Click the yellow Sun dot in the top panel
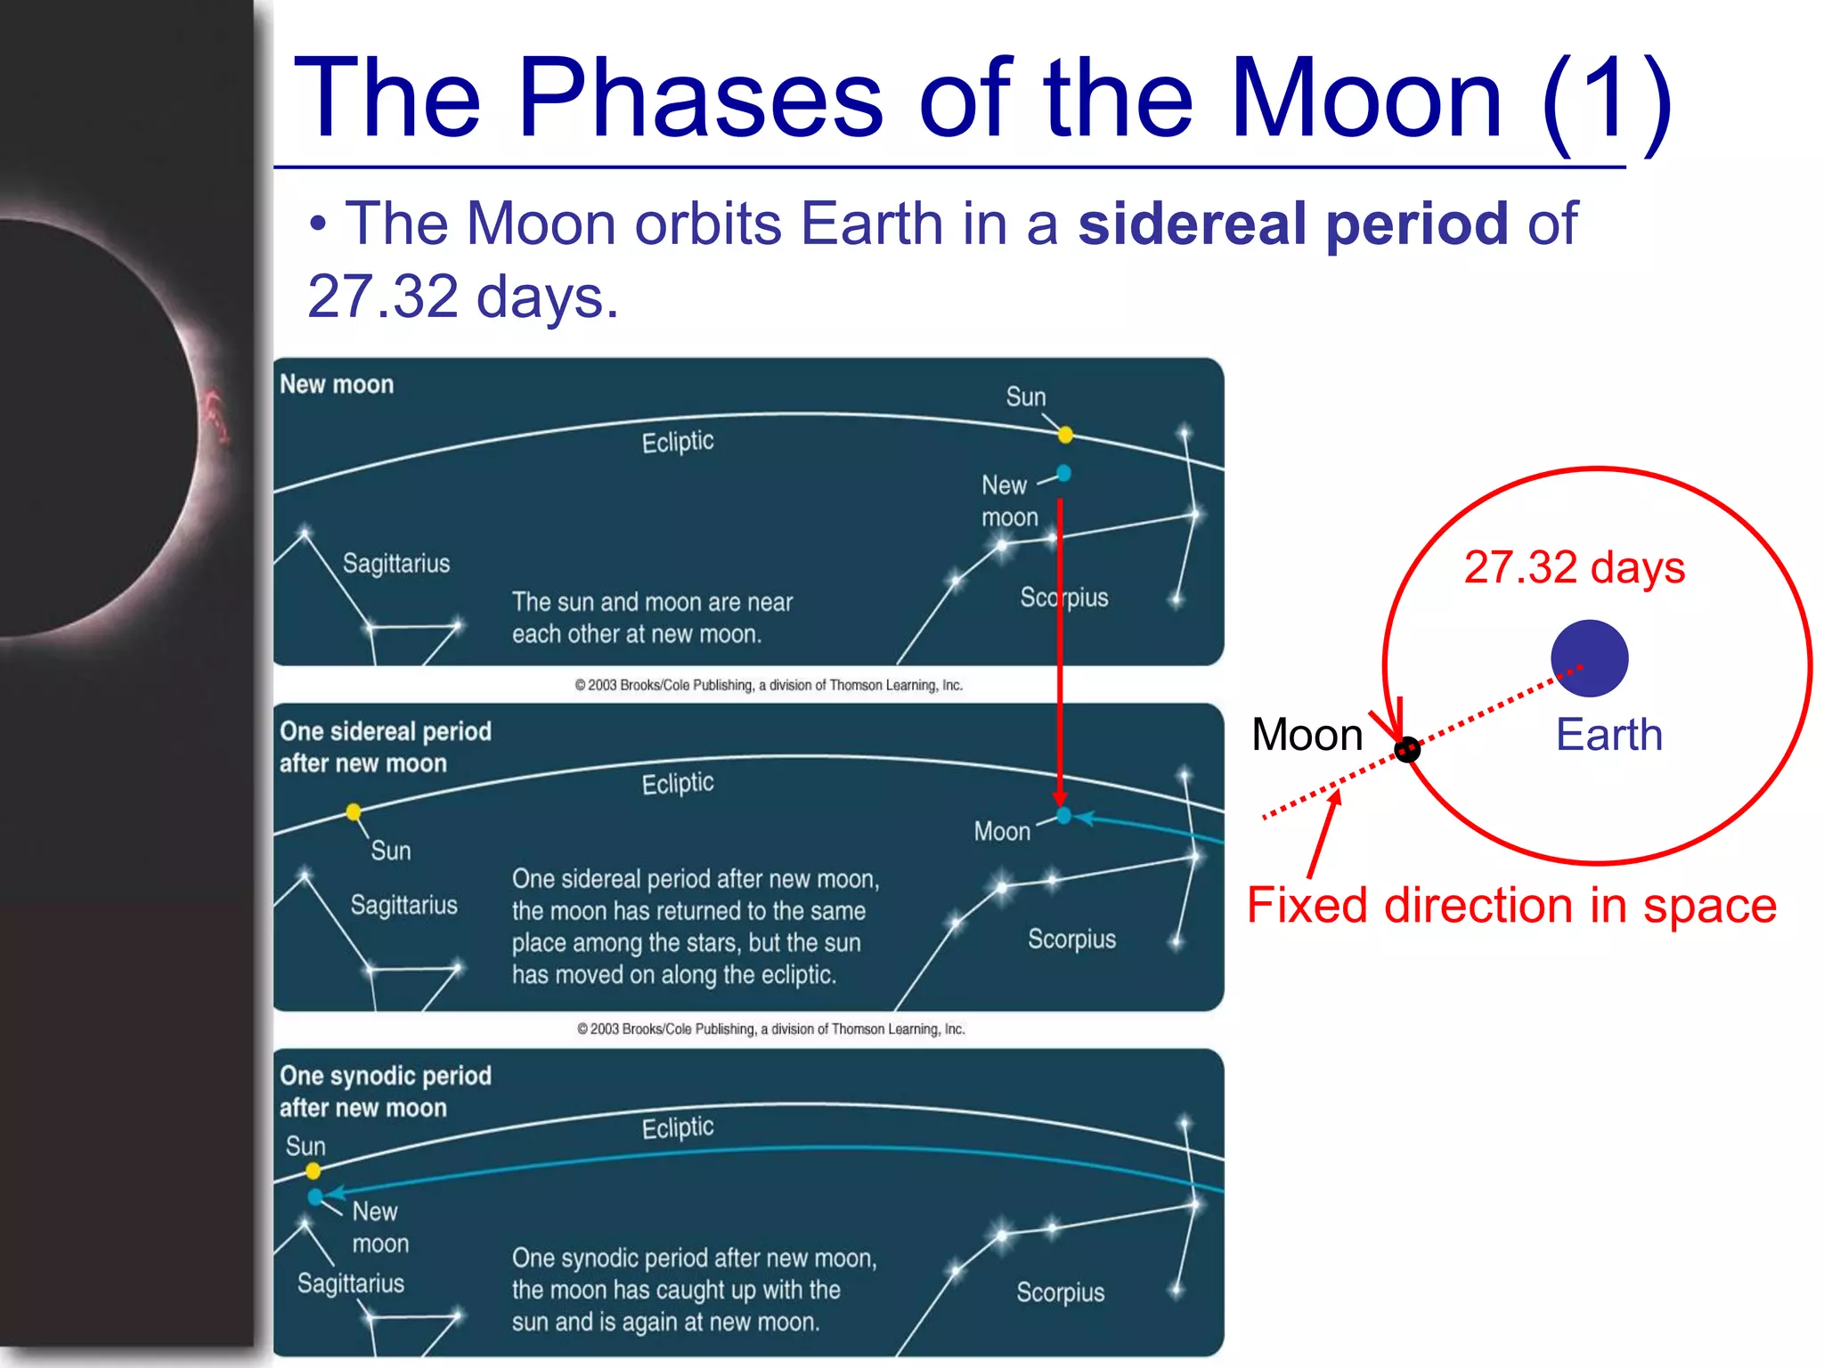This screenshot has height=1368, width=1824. (1065, 435)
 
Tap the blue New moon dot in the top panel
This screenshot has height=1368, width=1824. (1063, 473)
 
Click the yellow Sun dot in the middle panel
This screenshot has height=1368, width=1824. (354, 811)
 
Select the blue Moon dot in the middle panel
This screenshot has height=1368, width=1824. (1063, 815)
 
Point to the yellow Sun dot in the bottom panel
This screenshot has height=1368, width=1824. (313, 1171)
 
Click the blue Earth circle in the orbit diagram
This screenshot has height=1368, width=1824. (1589, 658)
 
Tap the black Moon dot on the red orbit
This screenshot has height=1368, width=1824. (1407, 750)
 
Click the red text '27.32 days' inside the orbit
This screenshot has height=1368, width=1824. (1574, 567)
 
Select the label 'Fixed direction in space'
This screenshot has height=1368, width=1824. (1510, 906)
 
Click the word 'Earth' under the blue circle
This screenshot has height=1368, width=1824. (1608, 735)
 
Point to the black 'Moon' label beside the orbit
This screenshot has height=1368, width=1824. (1307, 735)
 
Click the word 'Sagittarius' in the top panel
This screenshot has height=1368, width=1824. (396, 563)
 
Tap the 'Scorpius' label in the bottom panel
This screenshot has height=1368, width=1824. (1060, 1291)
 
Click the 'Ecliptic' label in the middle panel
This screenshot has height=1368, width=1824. (678, 783)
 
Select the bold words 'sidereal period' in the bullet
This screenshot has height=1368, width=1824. (1292, 223)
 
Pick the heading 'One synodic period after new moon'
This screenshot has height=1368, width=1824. (385, 1091)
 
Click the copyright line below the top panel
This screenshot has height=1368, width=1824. (769, 685)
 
